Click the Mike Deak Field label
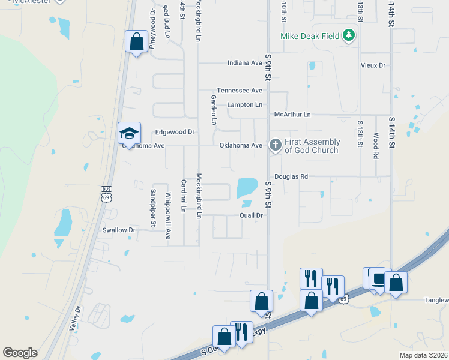[x=310, y=37]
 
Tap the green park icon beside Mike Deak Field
[x=349, y=36]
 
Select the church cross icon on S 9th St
[x=275, y=145]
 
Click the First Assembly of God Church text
[x=312, y=146]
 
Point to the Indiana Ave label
[x=245, y=62]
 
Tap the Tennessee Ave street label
[x=240, y=90]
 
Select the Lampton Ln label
[x=245, y=104]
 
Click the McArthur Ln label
[x=292, y=114]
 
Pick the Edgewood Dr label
[x=175, y=131]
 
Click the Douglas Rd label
[x=291, y=176]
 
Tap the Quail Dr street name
[x=252, y=215]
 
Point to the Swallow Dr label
[x=119, y=230]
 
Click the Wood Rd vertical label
[x=376, y=145]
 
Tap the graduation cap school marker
[x=129, y=133]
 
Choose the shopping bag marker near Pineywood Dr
[x=137, y=42]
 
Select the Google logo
[x=20, y=353]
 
